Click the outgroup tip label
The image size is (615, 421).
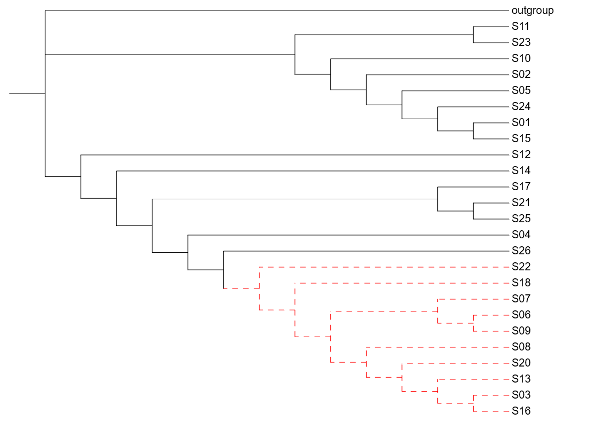[x=532, y=10]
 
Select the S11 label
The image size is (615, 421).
[x=521, y=26]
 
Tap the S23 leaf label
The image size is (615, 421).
[x=521, y=42]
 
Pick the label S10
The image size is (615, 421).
[x=521, y=58]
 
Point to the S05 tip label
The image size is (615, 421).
[x=521, y=90]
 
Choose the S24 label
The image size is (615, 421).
[x=521, y=106]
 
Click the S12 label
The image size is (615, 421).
[x=521, y=154]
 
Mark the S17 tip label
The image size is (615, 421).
[x=521, y=186]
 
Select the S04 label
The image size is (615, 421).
[x=521, y=235]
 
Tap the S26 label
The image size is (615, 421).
[x=521, y=251]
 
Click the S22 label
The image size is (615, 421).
[x=521, y=267]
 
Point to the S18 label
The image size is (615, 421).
[x=521, y=283]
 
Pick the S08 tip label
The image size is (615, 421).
[x=521, y=347]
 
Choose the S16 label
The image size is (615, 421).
[x=521, y=411]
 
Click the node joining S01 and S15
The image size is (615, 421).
[x=474, y=131]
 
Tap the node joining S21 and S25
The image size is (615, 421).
[x=474, y=211]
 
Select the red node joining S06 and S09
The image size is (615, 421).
[x=474, y=323]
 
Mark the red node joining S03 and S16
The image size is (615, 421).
[x=474, y=403]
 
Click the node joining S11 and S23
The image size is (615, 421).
[x=474, y=35]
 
